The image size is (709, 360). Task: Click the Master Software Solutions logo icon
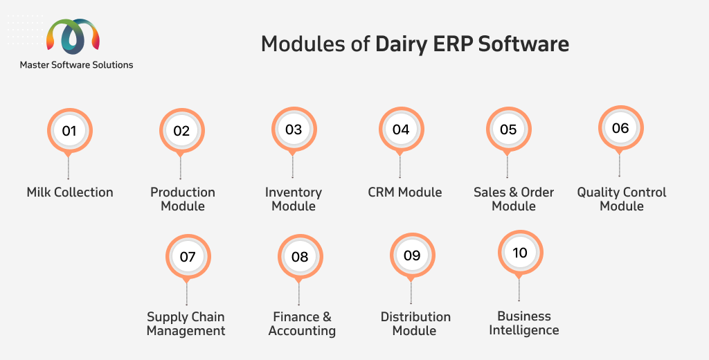pyautogui.click(x=73, y=36)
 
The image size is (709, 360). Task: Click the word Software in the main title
pyautogui.click(x=523, y=44)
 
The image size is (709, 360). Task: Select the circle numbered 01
pyautogui.click(x=70, y=131)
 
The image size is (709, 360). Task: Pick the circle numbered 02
pyautogui.click(x=182, y=131)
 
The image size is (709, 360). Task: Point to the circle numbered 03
pyautogui.click(x=294, y=129)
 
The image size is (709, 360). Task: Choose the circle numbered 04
pyautogui.click(x=401, y=129)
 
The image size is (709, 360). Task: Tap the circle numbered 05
pyautogui.click(x=509, y=129)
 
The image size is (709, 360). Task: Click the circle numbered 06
pyautogui.click(x=621, y=128)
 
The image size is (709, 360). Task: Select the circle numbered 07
pyautogui.click(x=188, y=256)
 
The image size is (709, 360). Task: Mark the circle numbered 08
pyautogui.click(x=300, y=256)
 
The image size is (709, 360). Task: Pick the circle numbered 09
pyautogui.click(x=413, y=255)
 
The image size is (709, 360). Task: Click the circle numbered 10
pyautogui.click(x=521, y=253)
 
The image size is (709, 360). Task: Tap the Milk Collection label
pyautogui.click(x=70, y=192)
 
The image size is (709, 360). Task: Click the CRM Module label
pyautogui.click(x=404, y=192)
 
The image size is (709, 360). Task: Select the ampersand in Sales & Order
pyautogui.click(x=513, y=192)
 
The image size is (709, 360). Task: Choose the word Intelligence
pyautogui.click(x=524, y=331)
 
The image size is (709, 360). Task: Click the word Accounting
pyautogui.click(x=302, y=332)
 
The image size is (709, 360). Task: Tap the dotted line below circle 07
pyautogui.click(x=186, y=294)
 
